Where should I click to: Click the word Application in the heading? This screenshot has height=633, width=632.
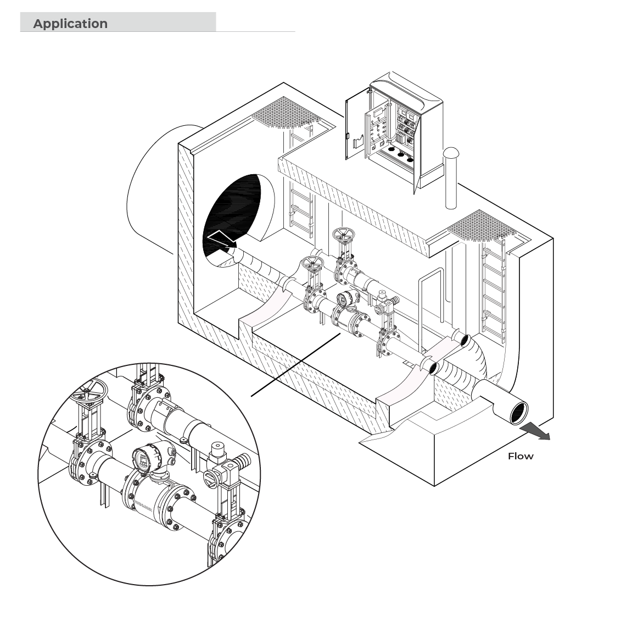[70, 24]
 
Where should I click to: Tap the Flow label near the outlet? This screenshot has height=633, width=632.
[521, 456]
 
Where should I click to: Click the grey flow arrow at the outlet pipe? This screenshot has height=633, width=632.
[535, 432]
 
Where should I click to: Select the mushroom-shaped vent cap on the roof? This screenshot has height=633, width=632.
[451, 153]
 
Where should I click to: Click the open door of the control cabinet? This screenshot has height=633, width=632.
[358, 123]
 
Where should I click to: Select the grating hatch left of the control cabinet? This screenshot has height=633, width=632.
[287, 113]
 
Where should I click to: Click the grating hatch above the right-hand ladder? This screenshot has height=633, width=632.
[482, 226]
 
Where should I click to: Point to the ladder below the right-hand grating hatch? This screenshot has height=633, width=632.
[493, 290]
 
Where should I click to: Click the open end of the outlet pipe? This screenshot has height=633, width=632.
[519, 413]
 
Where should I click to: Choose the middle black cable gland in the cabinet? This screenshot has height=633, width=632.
[401, 154]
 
